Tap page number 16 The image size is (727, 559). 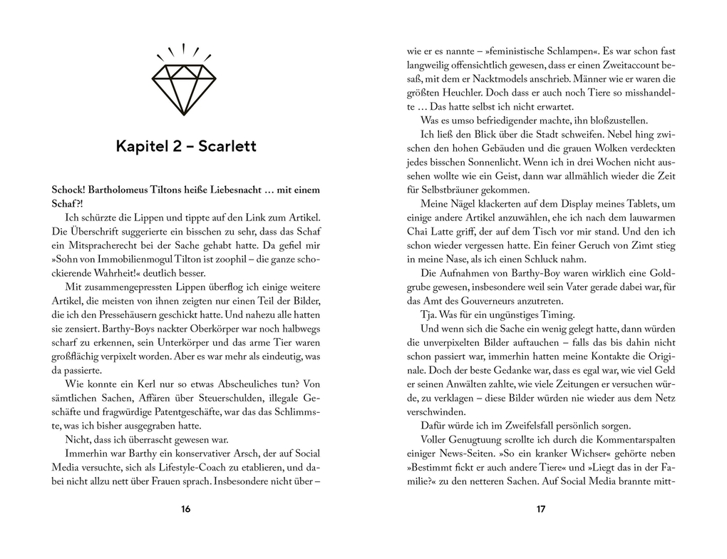click(186, 509)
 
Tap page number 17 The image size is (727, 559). click(540, 509)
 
